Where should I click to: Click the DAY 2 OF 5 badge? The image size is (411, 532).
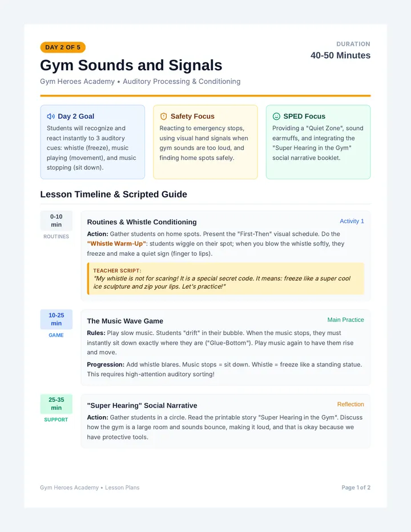63,47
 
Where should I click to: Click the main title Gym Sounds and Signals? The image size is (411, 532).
131,65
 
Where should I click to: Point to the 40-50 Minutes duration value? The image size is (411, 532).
340,55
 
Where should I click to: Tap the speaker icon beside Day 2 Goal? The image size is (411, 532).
51,116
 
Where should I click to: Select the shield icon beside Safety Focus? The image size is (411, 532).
164,116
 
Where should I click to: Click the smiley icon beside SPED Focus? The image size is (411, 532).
277,116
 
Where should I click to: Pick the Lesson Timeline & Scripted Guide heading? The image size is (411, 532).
114,194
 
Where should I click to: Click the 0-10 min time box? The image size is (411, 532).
57,220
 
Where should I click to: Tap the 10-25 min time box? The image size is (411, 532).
57,319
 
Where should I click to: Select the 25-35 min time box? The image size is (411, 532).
57,404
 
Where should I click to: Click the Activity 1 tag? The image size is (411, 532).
352,221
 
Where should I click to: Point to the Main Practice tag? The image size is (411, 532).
345,320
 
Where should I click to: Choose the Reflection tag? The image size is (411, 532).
350,405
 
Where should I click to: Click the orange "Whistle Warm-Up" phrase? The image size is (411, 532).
116,244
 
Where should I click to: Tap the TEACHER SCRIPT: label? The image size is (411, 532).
117,271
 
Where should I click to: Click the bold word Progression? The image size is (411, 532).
106,364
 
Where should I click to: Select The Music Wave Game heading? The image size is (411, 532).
125,321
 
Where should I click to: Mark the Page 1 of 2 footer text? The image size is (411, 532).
356,487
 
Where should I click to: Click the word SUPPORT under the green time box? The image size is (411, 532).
56,420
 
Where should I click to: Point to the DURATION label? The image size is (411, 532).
353,44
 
